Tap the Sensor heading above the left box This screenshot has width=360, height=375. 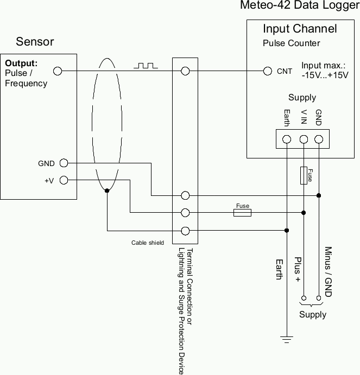click(35, 42)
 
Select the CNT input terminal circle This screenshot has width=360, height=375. click(267, 71)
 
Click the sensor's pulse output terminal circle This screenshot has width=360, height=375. click(58, 71)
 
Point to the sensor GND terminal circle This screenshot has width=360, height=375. click(64, 163)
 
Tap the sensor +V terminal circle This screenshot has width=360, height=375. click(64, 180)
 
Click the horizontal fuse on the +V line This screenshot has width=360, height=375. click(242, 213)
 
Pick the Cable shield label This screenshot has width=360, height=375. click(148, 243)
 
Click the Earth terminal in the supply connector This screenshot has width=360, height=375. click(287, 139)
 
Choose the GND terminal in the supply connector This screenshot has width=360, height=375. click(319, 139)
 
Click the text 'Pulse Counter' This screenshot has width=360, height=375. click(291, 43)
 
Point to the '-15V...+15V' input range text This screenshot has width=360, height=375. click(325, 75)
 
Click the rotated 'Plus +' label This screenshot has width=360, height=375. click(298, 269)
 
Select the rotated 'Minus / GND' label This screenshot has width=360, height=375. click(327, 271)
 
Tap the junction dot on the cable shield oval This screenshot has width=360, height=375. click(108, 190)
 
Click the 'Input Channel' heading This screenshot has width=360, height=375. click(300, 29)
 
